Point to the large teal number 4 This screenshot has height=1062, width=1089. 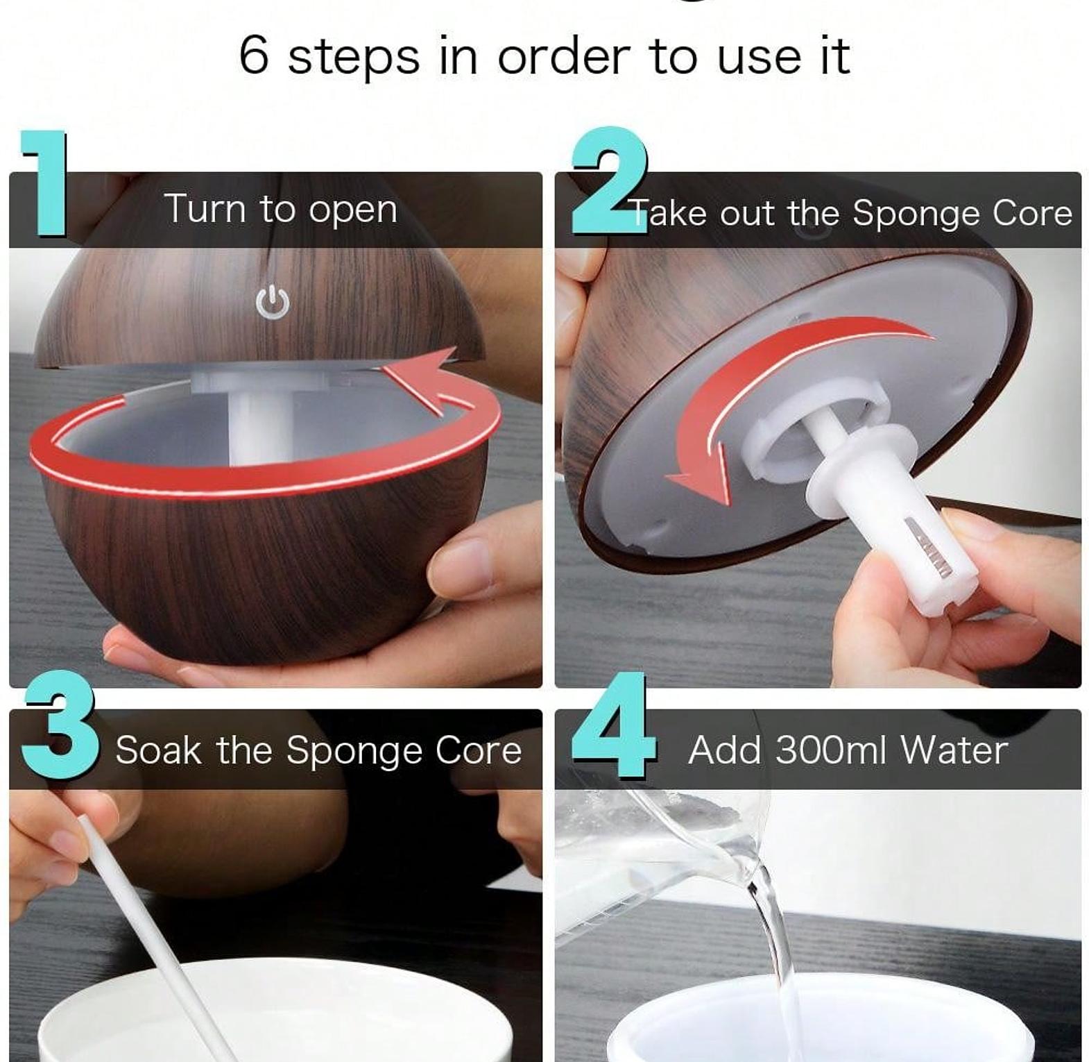point(614,724)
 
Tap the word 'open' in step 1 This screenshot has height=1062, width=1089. point(352,210)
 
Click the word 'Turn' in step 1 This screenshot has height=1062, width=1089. point(203,208)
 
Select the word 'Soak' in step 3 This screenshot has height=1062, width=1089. point(158,750)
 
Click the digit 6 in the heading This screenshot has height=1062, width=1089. point(254,56)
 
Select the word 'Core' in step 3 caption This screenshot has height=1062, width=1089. point(478,750)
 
